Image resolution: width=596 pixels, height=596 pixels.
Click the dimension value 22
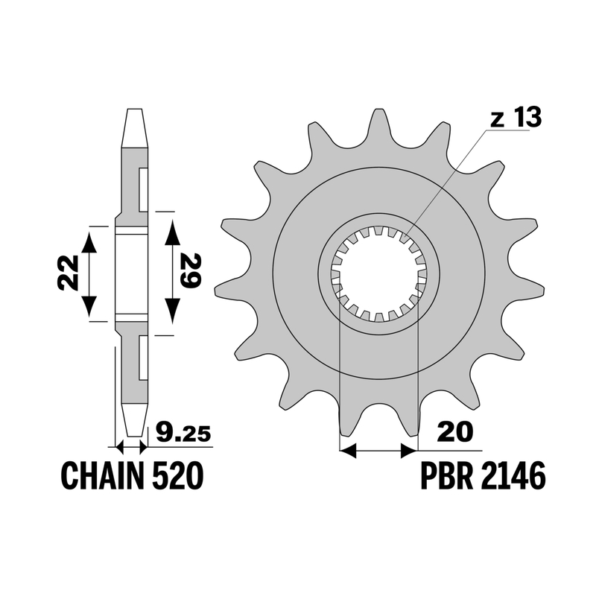(69, 272)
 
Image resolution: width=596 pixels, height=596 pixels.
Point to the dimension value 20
(454, 432)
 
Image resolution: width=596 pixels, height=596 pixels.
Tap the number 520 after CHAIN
(177, 475)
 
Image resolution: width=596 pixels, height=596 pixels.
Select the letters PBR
(446, 475)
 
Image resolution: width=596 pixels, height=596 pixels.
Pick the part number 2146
(513, 475)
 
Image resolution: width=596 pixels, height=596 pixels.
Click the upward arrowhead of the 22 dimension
(89, 241)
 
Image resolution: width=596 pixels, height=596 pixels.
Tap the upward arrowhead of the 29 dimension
(173, 232)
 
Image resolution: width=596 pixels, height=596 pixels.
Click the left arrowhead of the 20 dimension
(348, 451)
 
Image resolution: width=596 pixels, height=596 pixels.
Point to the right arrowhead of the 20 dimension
(409, 451)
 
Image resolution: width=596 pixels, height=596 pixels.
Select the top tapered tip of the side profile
(135, 127)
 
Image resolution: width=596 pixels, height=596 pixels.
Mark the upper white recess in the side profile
(143, 189)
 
